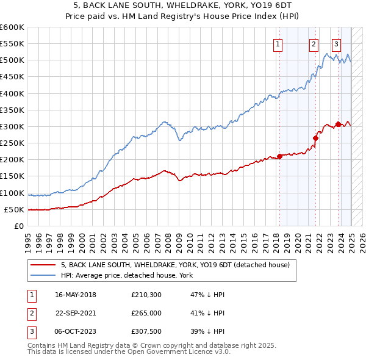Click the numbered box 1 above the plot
pos(278,44)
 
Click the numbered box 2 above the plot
pos(314,44)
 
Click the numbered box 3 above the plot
pos(336,44)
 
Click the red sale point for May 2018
pos(279,156)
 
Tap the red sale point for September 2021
pos(316,138)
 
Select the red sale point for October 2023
pos(338,124)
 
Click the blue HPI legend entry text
pos(127,276)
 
